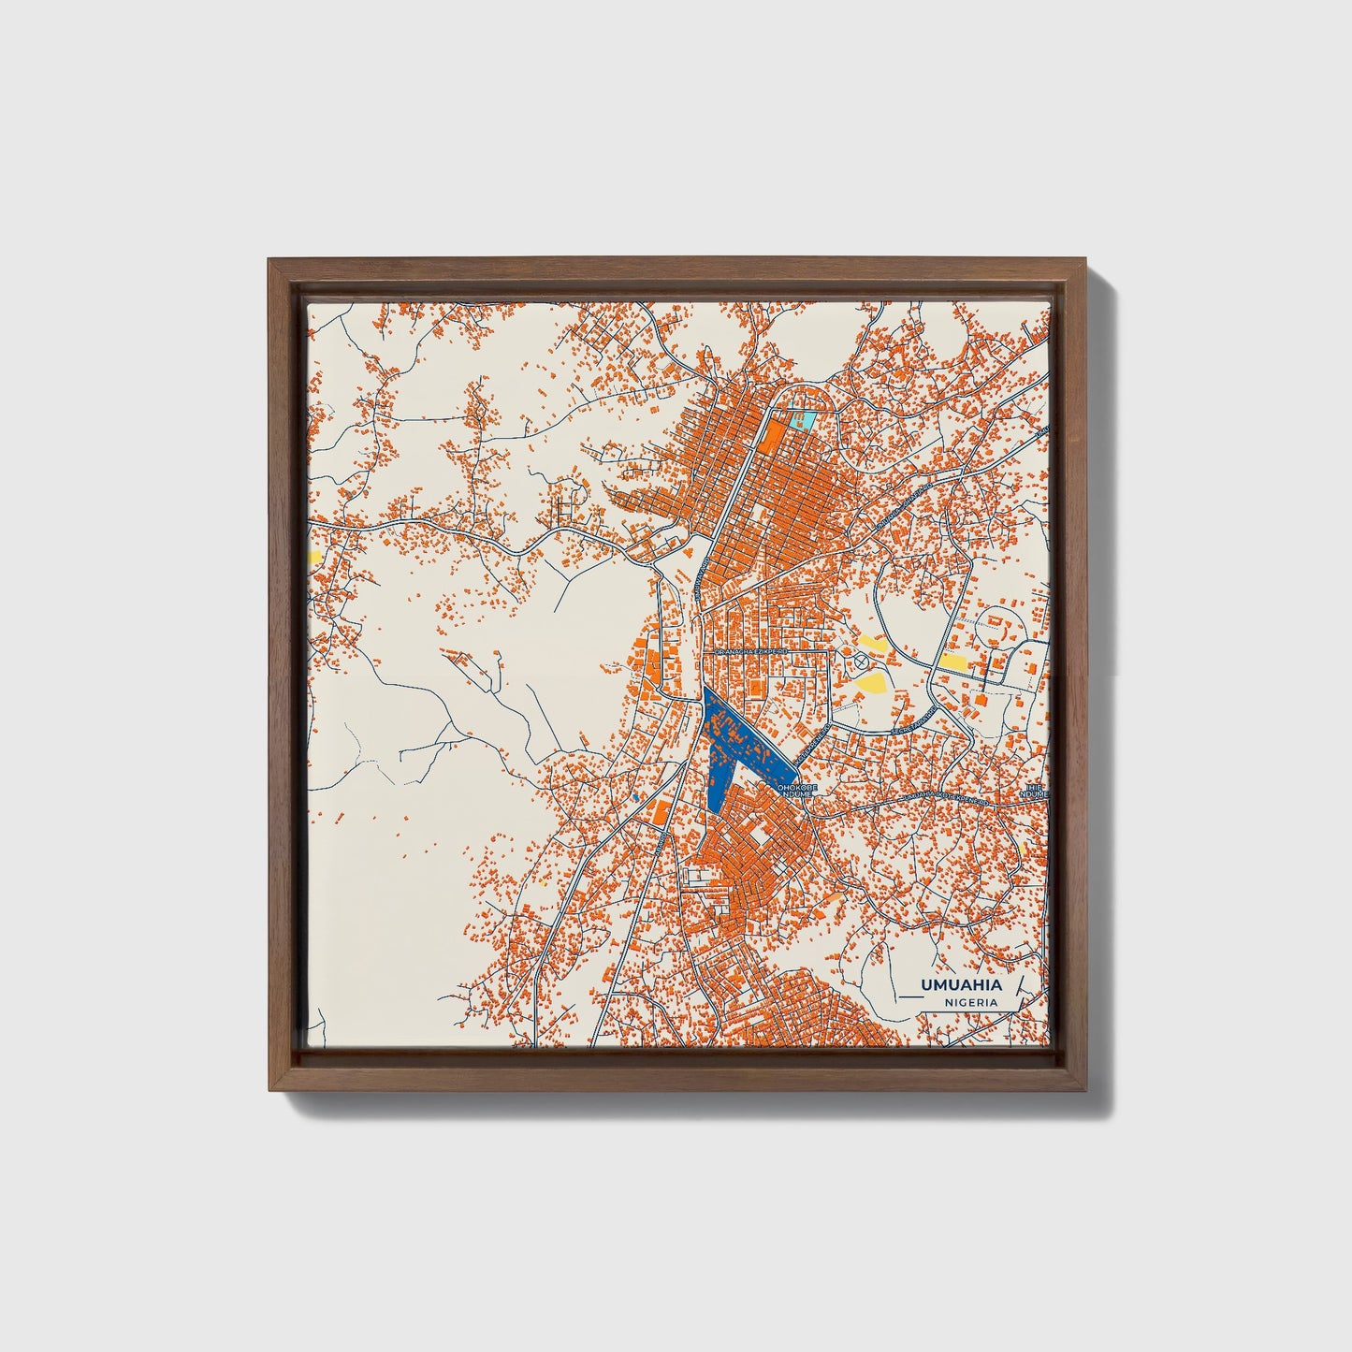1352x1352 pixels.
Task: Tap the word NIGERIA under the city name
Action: [969, 1001]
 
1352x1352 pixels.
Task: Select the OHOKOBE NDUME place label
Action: [796, 792]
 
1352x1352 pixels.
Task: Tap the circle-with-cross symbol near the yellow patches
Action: [861, 661]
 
